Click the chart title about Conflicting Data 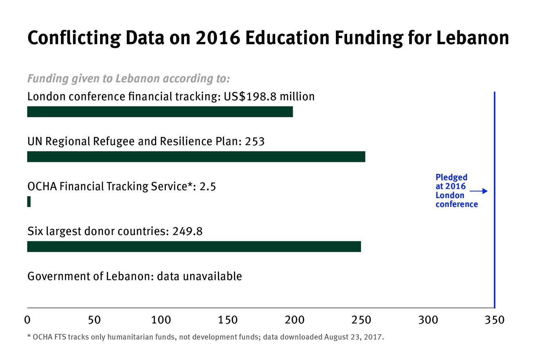(268, 38)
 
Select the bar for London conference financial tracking (160, 112)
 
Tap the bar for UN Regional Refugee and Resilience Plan (196, 157)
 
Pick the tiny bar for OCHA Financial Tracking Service (29, 201)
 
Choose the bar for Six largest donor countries (194, 246)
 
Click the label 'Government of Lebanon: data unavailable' (134, 276)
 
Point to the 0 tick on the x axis (27, 320)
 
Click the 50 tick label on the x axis (94, 320)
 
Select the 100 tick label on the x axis (161, 320)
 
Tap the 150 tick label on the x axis (228, 320)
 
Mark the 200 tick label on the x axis (294, 320)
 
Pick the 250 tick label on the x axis (361, 320)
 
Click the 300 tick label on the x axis (428, 320)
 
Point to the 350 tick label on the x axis (495, 320)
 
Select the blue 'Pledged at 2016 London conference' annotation (456, 191)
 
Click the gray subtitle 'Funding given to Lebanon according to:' (128, 78)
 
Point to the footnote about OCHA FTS (206, 337)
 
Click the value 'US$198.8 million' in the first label (269, 96)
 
